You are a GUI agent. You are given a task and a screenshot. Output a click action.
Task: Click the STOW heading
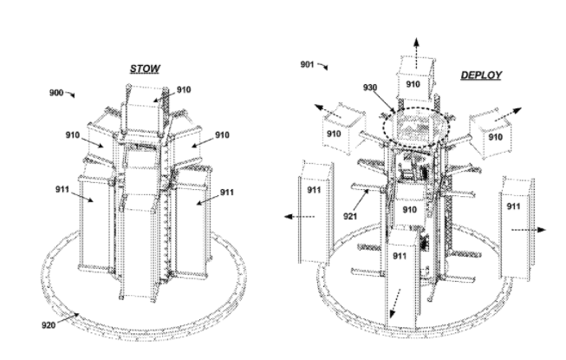pos(145,69)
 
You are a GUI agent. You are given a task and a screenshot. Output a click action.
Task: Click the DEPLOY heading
pos(481,75)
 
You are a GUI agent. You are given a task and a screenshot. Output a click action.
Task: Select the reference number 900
pos(56,93)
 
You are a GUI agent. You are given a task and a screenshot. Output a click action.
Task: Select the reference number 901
pos(307,64)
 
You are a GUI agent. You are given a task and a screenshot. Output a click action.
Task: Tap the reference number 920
pos(49,325)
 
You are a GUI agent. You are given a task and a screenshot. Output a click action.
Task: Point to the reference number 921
pos(350,216)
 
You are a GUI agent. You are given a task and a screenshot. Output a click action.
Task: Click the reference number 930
pos(370,88)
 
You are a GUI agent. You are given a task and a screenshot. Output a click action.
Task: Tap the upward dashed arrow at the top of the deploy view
pos(417,53)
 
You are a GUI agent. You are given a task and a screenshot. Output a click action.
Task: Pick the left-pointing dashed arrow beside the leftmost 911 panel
pos(299,217)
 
